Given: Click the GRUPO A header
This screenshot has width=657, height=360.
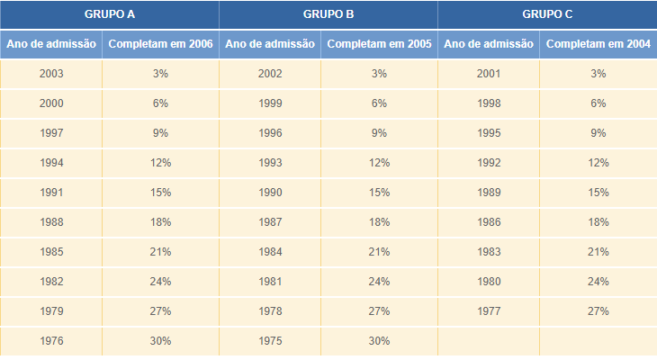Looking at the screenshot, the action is click(x=110, y=14).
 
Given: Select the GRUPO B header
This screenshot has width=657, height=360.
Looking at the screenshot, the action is click(x=328, y=14).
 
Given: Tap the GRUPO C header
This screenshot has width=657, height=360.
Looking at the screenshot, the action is click(x=547, y=14).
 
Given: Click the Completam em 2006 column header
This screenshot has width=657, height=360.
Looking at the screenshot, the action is click(x=160, y=44).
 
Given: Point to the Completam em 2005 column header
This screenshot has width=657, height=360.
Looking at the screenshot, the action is click(x=379, y=44).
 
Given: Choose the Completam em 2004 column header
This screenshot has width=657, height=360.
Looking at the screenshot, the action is click(x=598, y=44).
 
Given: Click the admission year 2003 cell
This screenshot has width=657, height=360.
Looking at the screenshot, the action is click(x=51, y=74).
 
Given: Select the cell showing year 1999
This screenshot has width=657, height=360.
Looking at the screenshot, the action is click(x=270, y=103).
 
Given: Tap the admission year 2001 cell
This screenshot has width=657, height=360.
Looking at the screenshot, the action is click(x=489, y=74).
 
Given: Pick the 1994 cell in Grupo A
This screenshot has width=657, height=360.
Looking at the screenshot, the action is click(x=51, y=163).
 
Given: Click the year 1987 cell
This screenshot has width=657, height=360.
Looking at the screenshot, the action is click(x=270, y=222).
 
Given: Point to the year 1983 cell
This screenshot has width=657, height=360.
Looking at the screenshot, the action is click(x=489, y=252).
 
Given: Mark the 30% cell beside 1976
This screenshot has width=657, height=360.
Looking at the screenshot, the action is click(x=160, y=341).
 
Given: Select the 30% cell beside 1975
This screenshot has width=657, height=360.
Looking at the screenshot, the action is click(x=379, y=341).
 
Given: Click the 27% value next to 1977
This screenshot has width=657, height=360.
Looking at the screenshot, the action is click(x=598, y=311).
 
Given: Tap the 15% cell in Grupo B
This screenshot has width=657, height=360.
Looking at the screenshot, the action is click(x=379, y=193).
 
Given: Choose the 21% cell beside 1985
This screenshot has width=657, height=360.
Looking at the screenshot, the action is click(x=160, y=252).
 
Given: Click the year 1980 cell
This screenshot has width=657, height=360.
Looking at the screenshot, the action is click(x=489, y=282).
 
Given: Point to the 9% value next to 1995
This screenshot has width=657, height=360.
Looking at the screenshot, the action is click(x=598, y=133).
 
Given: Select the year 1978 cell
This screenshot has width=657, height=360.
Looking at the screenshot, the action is click(x=270, y=311).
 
